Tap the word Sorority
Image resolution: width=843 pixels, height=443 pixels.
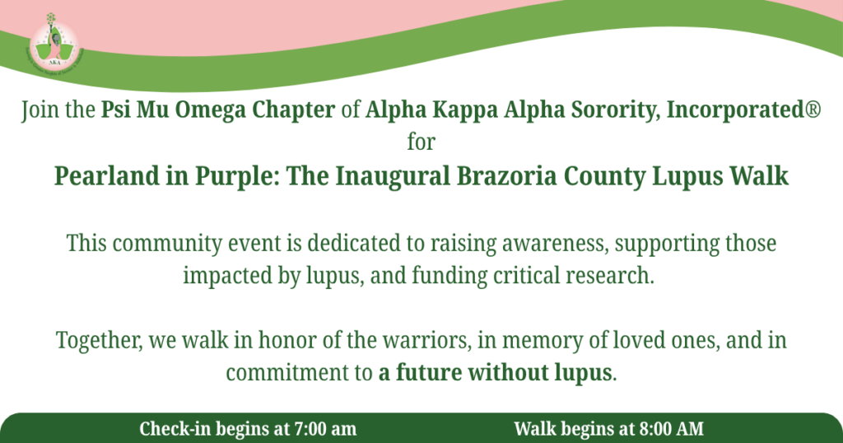(x=615, y=110)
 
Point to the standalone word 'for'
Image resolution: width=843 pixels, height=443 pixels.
(x=421, y=142)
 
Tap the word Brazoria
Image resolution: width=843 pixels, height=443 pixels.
(x=506, y=176)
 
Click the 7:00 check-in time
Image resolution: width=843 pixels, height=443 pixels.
(x=310, y=429)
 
